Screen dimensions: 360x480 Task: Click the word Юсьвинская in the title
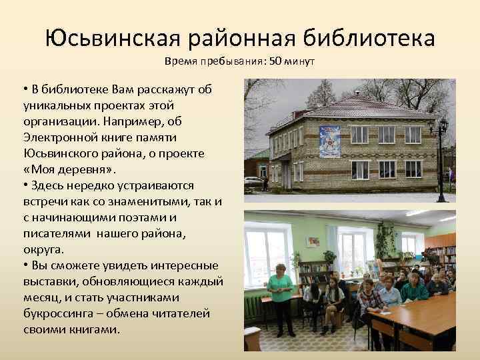click(114, 38)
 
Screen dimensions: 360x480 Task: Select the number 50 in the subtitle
click(275, 62)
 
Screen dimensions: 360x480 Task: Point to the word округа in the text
click(44, 249)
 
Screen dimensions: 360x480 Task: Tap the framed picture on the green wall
click(313, 241)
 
